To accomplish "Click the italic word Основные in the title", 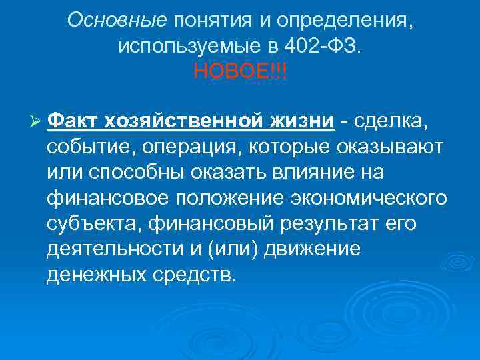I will pyautogui.click(x=117, y=20).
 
